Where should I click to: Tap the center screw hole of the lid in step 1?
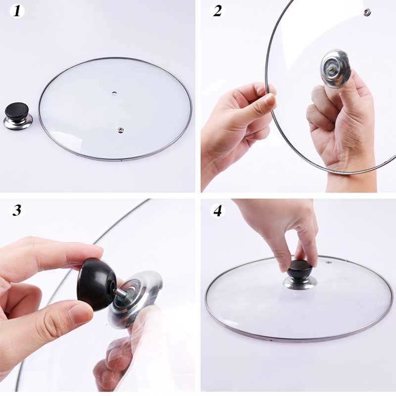point(115,93)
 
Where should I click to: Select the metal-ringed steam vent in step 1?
point(120,130)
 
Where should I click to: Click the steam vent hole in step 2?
point(367,12)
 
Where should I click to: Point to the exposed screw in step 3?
point(120,293)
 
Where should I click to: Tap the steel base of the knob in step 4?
point(300,283)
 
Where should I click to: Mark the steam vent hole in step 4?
point(328,259)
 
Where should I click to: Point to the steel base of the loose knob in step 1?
point(18,123)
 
